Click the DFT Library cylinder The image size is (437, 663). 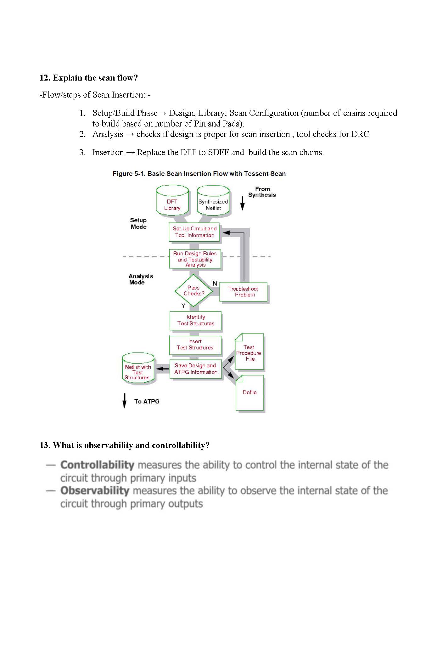(172, 201)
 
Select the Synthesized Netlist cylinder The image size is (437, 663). (213, 201)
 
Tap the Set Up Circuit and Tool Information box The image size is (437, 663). (194, 232)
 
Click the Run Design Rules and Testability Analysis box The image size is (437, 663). (195, 259)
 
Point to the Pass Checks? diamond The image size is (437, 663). (194, 290)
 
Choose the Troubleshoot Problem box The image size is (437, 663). (243, 292)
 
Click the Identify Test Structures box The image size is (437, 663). (195, 320)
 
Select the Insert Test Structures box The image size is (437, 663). (195, 345)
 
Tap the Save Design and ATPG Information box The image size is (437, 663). (196, 369)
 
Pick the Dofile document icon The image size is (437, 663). (250, 392)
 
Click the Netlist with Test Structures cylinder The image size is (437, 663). (138, 368)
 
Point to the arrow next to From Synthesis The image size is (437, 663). (242, 203)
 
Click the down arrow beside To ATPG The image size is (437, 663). (124, 401)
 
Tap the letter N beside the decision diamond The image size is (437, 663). (215, 284)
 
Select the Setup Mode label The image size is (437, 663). (138, 223)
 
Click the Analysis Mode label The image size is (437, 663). (141, 279)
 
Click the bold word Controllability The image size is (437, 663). (97, 465)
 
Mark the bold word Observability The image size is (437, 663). (95, 491)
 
